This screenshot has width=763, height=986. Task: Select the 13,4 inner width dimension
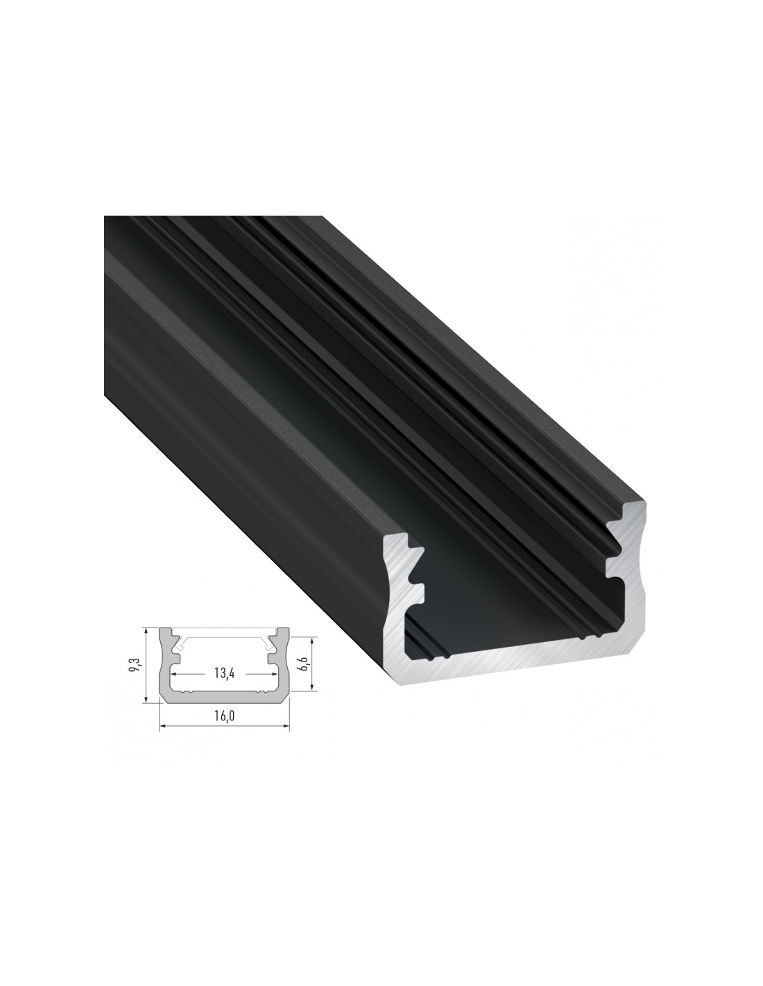pos(224,673)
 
